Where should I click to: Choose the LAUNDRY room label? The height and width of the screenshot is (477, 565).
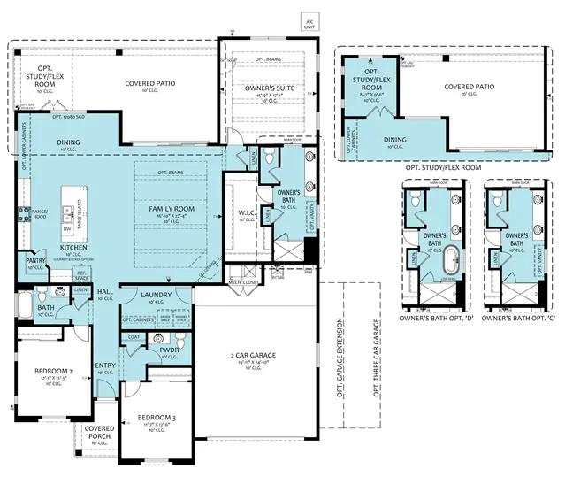157,295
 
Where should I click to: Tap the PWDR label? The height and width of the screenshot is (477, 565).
170,350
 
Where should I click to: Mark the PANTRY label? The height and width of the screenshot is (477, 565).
35,261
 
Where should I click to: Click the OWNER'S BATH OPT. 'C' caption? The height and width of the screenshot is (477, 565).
515,317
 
